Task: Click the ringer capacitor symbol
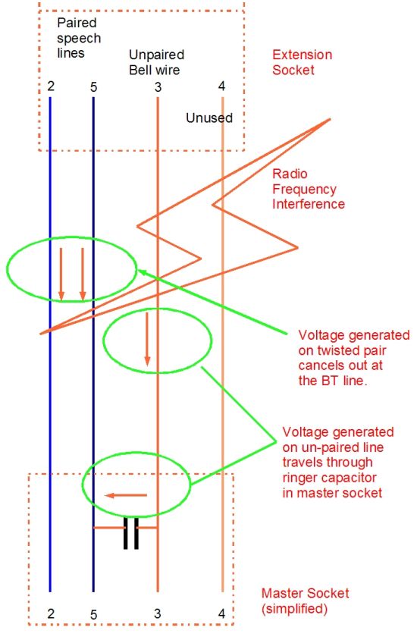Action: click(x=131, y=533)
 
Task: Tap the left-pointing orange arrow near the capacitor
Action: click(x=126, y=495)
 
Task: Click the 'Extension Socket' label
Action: click(x=302, y=62)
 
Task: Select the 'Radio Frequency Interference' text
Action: click(x=308, y=189)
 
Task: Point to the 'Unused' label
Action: click(x=209, y=118)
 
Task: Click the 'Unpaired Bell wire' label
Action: click(x=156, y=62)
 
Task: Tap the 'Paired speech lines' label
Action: click(x=79, y=38)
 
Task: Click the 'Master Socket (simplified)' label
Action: click(x=306, y=601)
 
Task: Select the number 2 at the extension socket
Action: click(x=51, y=86)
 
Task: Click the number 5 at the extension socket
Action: click(x=94, y=87)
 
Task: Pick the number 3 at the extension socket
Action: click(x=158, y=87)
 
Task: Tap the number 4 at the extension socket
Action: click(x=221, y=86)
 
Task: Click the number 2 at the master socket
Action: click(x=51, y=613)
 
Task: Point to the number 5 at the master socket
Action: click(x=94, y=615)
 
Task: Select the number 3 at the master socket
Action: click(x=158, y=613)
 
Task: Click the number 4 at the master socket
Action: click(x=221, y=613)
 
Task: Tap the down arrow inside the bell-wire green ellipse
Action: click(x=147, y=339)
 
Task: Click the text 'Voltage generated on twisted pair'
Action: click(x=354, y=343)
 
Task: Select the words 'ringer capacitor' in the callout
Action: click(x=329, y=478)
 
